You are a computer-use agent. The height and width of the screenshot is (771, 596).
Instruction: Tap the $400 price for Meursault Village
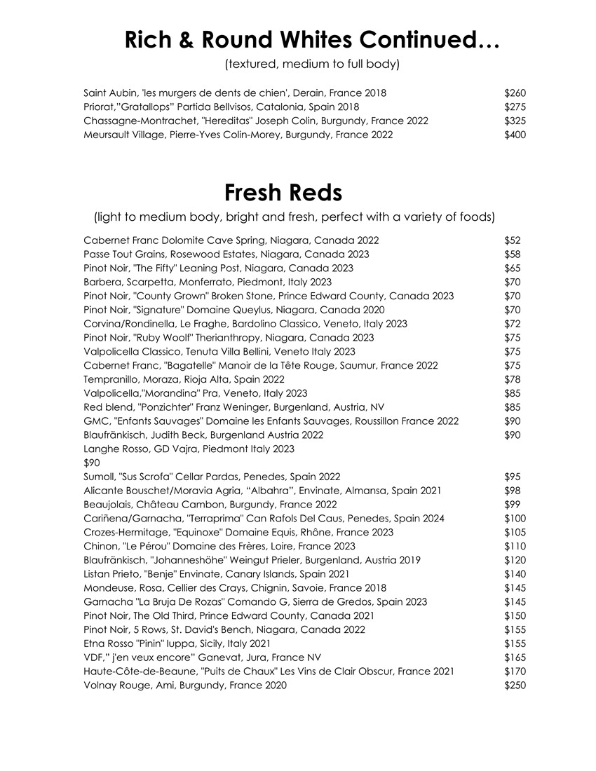pos(515,135)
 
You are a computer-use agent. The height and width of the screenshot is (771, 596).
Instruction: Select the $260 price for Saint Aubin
pos(515,93)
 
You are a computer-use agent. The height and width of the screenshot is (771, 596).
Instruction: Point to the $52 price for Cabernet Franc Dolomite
pos(513,240)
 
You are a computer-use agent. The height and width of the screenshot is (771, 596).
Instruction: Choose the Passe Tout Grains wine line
pos(226,254)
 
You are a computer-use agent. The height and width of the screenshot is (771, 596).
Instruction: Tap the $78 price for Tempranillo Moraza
pos(513,379)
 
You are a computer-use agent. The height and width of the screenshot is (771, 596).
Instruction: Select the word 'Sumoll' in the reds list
pos(100,477)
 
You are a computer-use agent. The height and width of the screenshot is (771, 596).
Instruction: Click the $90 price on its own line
pos(92,463)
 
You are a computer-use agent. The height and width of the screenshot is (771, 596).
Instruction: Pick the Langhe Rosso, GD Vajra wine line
pos(189,449)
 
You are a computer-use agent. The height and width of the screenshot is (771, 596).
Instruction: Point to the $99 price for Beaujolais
pos(513,505)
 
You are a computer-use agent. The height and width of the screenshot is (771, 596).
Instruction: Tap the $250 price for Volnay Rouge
pos(515,685)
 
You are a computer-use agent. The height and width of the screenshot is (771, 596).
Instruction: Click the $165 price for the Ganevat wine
pos(515,657)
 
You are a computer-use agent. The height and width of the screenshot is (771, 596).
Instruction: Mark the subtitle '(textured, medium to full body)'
pos(312,64)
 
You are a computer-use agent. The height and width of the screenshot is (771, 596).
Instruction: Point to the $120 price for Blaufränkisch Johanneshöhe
pos(515,560)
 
